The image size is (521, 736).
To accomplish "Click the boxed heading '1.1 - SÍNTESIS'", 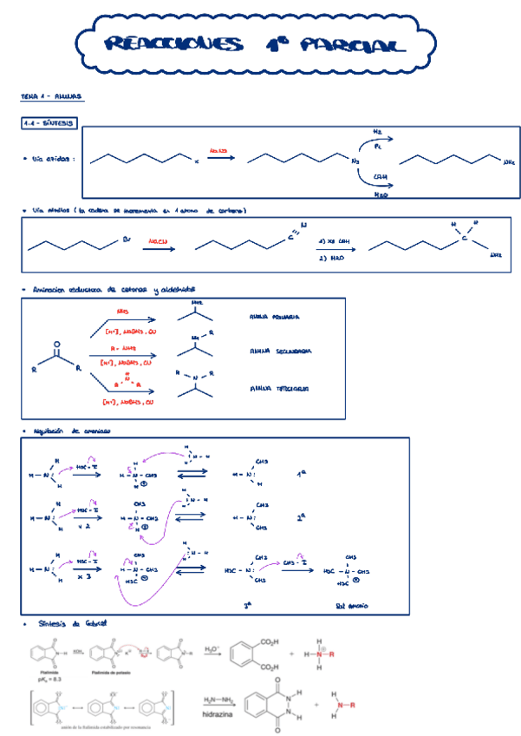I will pyautogui.click(x=49, y=124).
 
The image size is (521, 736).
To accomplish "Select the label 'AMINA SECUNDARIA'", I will pyautogui.click(x=280, y=352).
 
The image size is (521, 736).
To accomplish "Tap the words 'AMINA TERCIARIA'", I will pyautogui.click(x=278, y=388).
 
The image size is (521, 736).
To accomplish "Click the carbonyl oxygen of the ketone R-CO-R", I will pyautogui.click(x=58, y=344).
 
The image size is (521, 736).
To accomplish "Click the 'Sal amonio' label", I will pyautogui.click(x=351, y=605).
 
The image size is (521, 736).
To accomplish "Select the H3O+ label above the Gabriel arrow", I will pyautogui.click(x=212, y=647).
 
